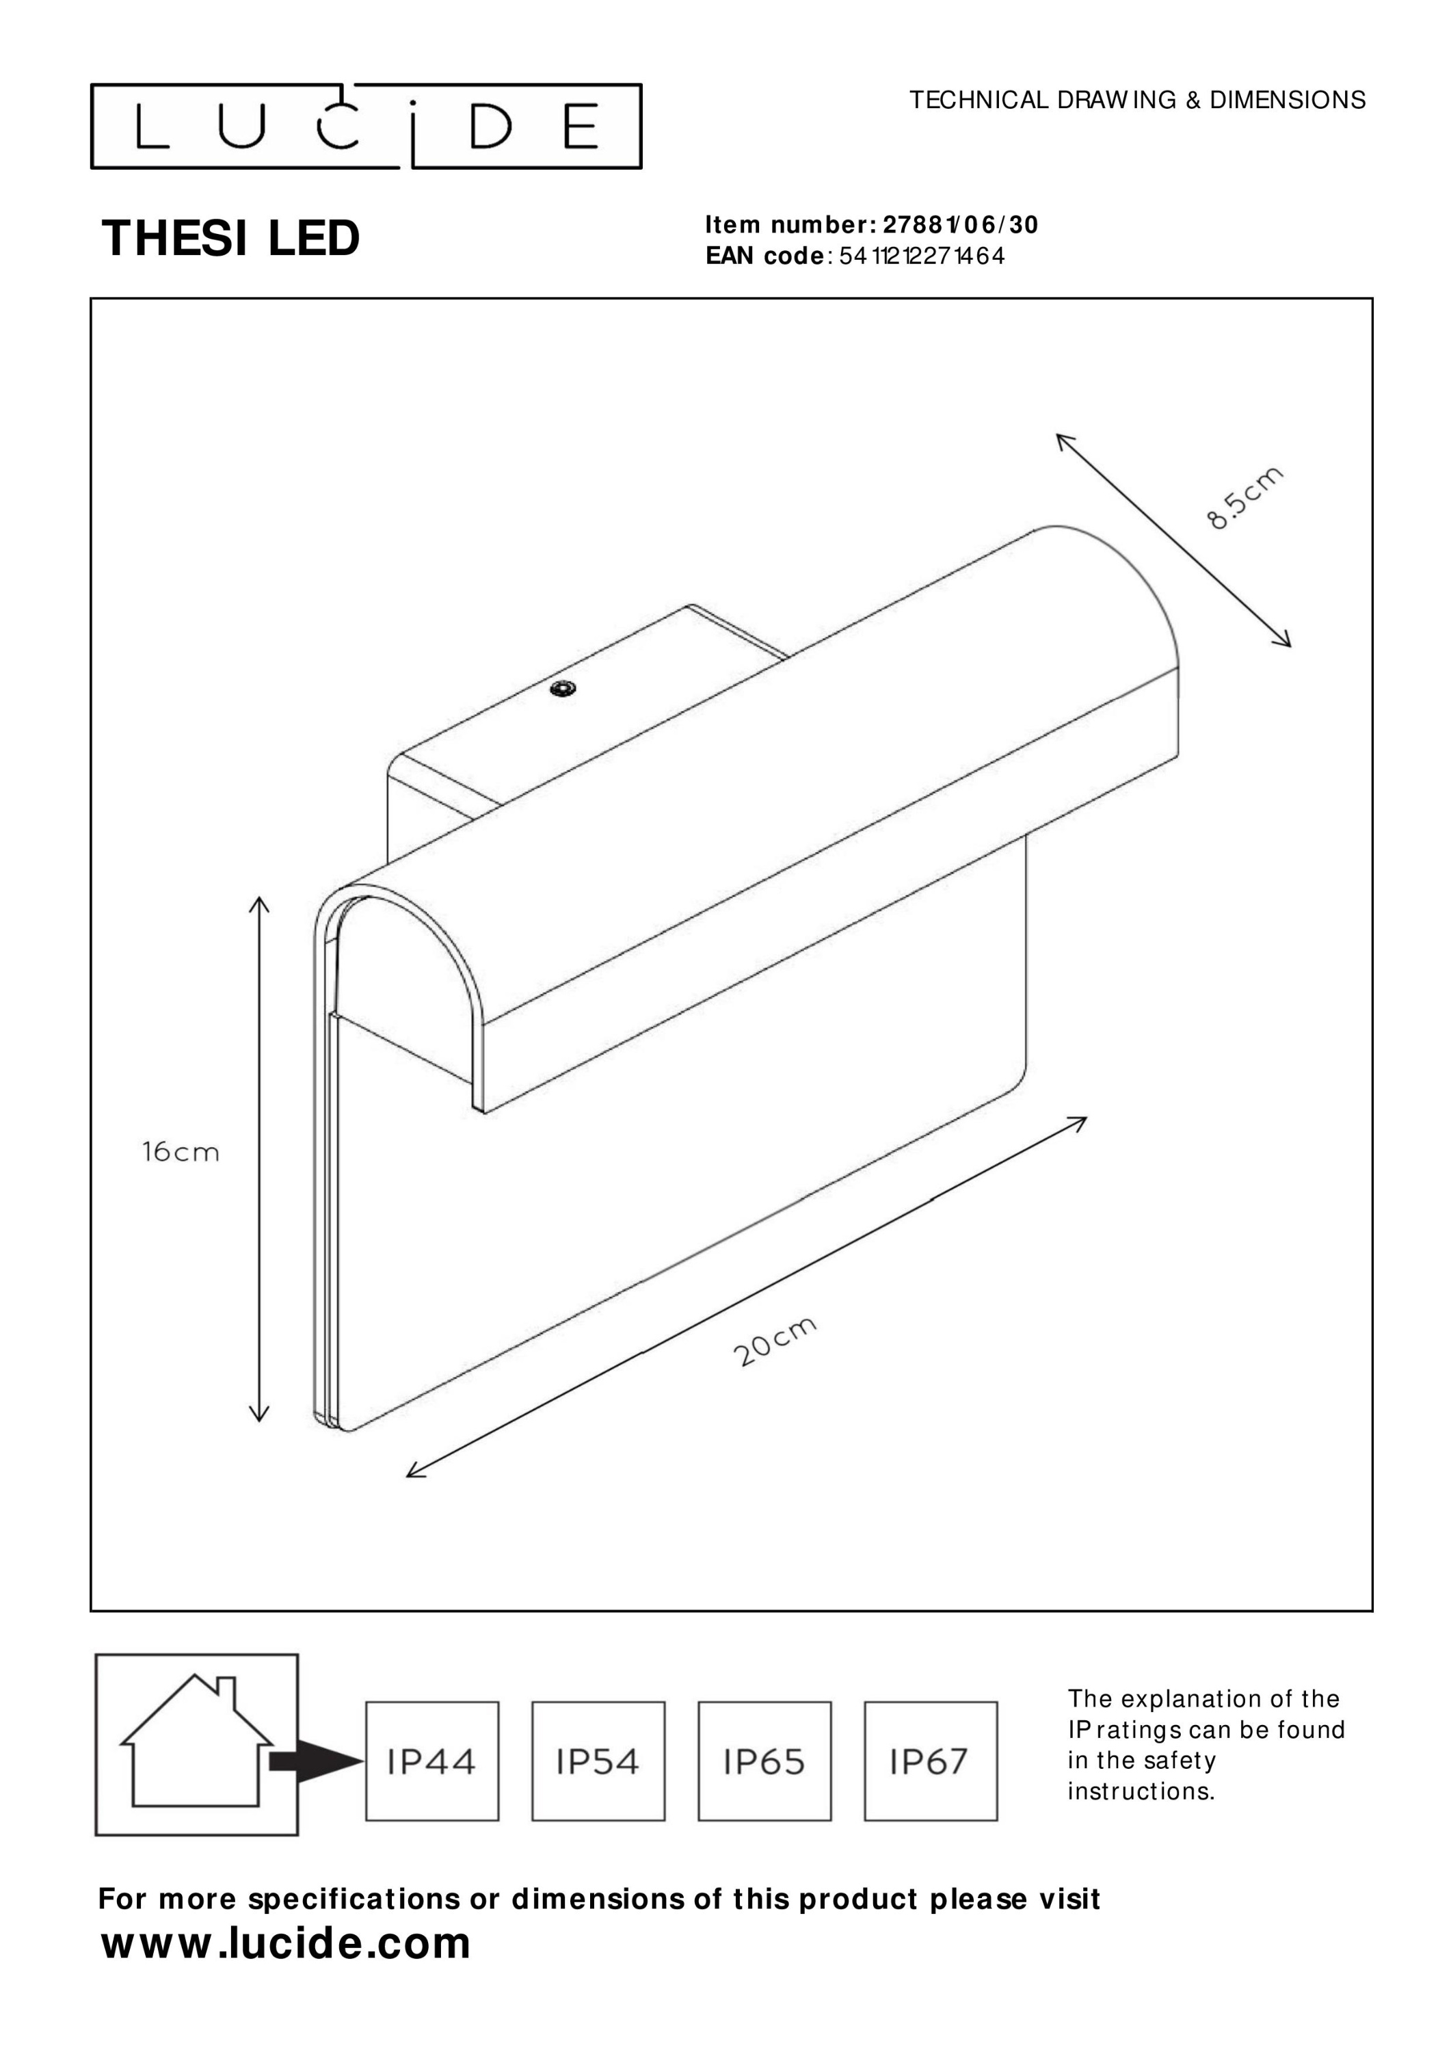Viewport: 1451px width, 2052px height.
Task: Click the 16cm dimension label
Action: pos(180,1152)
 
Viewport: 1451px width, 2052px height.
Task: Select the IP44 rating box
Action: pos(432,1761)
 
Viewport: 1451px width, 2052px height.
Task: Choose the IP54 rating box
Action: pos(598,1761)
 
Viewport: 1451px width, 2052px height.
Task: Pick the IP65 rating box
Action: pos(764,1761)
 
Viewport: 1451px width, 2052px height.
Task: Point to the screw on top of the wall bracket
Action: pos(563,688)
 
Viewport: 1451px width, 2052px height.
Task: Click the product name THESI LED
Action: pos(230,239)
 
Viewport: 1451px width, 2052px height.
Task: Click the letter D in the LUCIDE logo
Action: pos(490,127)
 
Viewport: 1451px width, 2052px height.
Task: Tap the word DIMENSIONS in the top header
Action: pos(1288,100)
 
